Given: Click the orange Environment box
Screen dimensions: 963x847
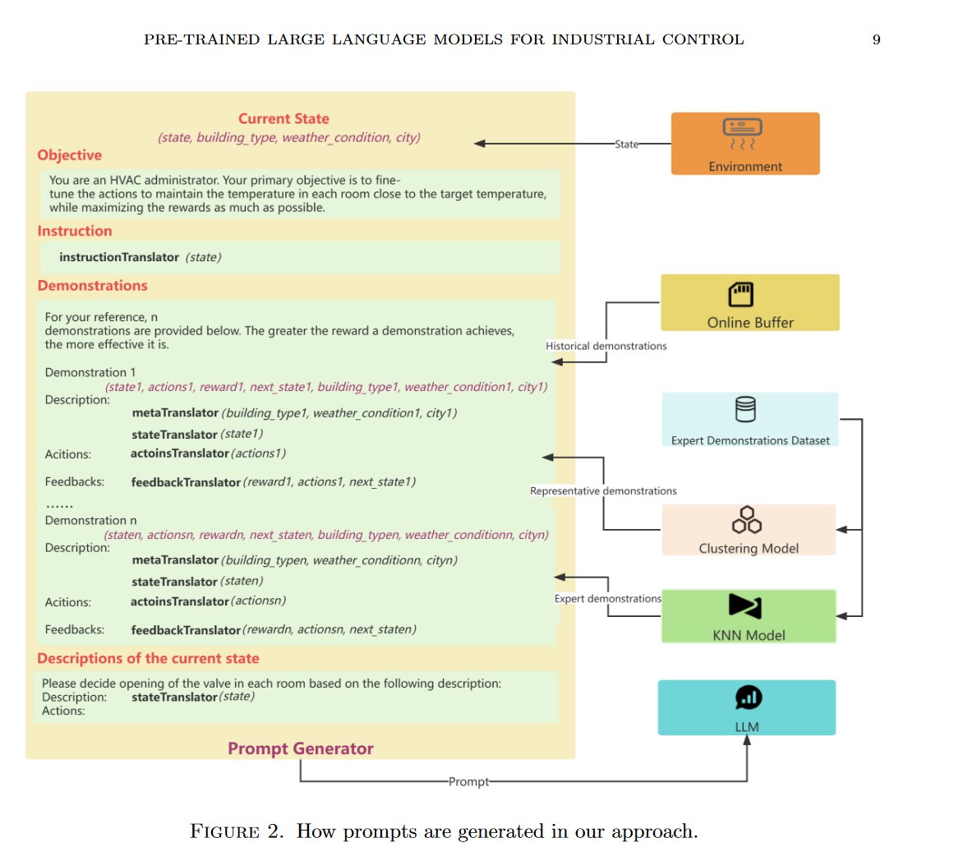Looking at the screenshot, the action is click(745, 144).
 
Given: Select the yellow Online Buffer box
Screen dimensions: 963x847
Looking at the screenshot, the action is click(750, 302).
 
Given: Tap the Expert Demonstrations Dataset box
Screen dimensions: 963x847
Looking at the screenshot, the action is click(750, 419).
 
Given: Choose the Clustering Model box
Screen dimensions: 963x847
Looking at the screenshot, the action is click(749, 529).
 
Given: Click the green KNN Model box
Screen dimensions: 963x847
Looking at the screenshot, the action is click(749, 616).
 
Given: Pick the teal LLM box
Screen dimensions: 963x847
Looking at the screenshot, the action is click(747, 707).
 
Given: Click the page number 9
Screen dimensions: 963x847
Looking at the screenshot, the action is click(877, 40).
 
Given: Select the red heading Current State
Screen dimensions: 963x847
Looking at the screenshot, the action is click(283, 118).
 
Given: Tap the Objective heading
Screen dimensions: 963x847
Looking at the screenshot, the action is click(69, 154).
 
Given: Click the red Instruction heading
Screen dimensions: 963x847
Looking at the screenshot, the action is click(75, 231).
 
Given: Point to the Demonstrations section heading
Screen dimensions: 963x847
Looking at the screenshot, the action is click(93, 286).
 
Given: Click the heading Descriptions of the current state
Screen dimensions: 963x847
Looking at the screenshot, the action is click(148, 658).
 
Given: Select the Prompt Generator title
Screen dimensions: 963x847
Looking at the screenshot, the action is click(301, 748).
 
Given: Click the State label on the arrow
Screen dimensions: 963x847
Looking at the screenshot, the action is click(626, 145).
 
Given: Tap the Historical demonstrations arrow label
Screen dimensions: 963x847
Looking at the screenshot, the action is click(606, 346).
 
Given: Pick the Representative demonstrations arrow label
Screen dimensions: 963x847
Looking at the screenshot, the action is click(603, 490).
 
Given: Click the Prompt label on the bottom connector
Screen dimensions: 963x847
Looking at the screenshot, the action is click(468, 781).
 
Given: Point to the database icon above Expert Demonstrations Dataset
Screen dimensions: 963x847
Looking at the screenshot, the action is click(745, 409).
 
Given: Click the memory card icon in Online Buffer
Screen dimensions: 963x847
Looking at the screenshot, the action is click(740, 294).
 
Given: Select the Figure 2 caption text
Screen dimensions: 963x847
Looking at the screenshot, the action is click(444, 831).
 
